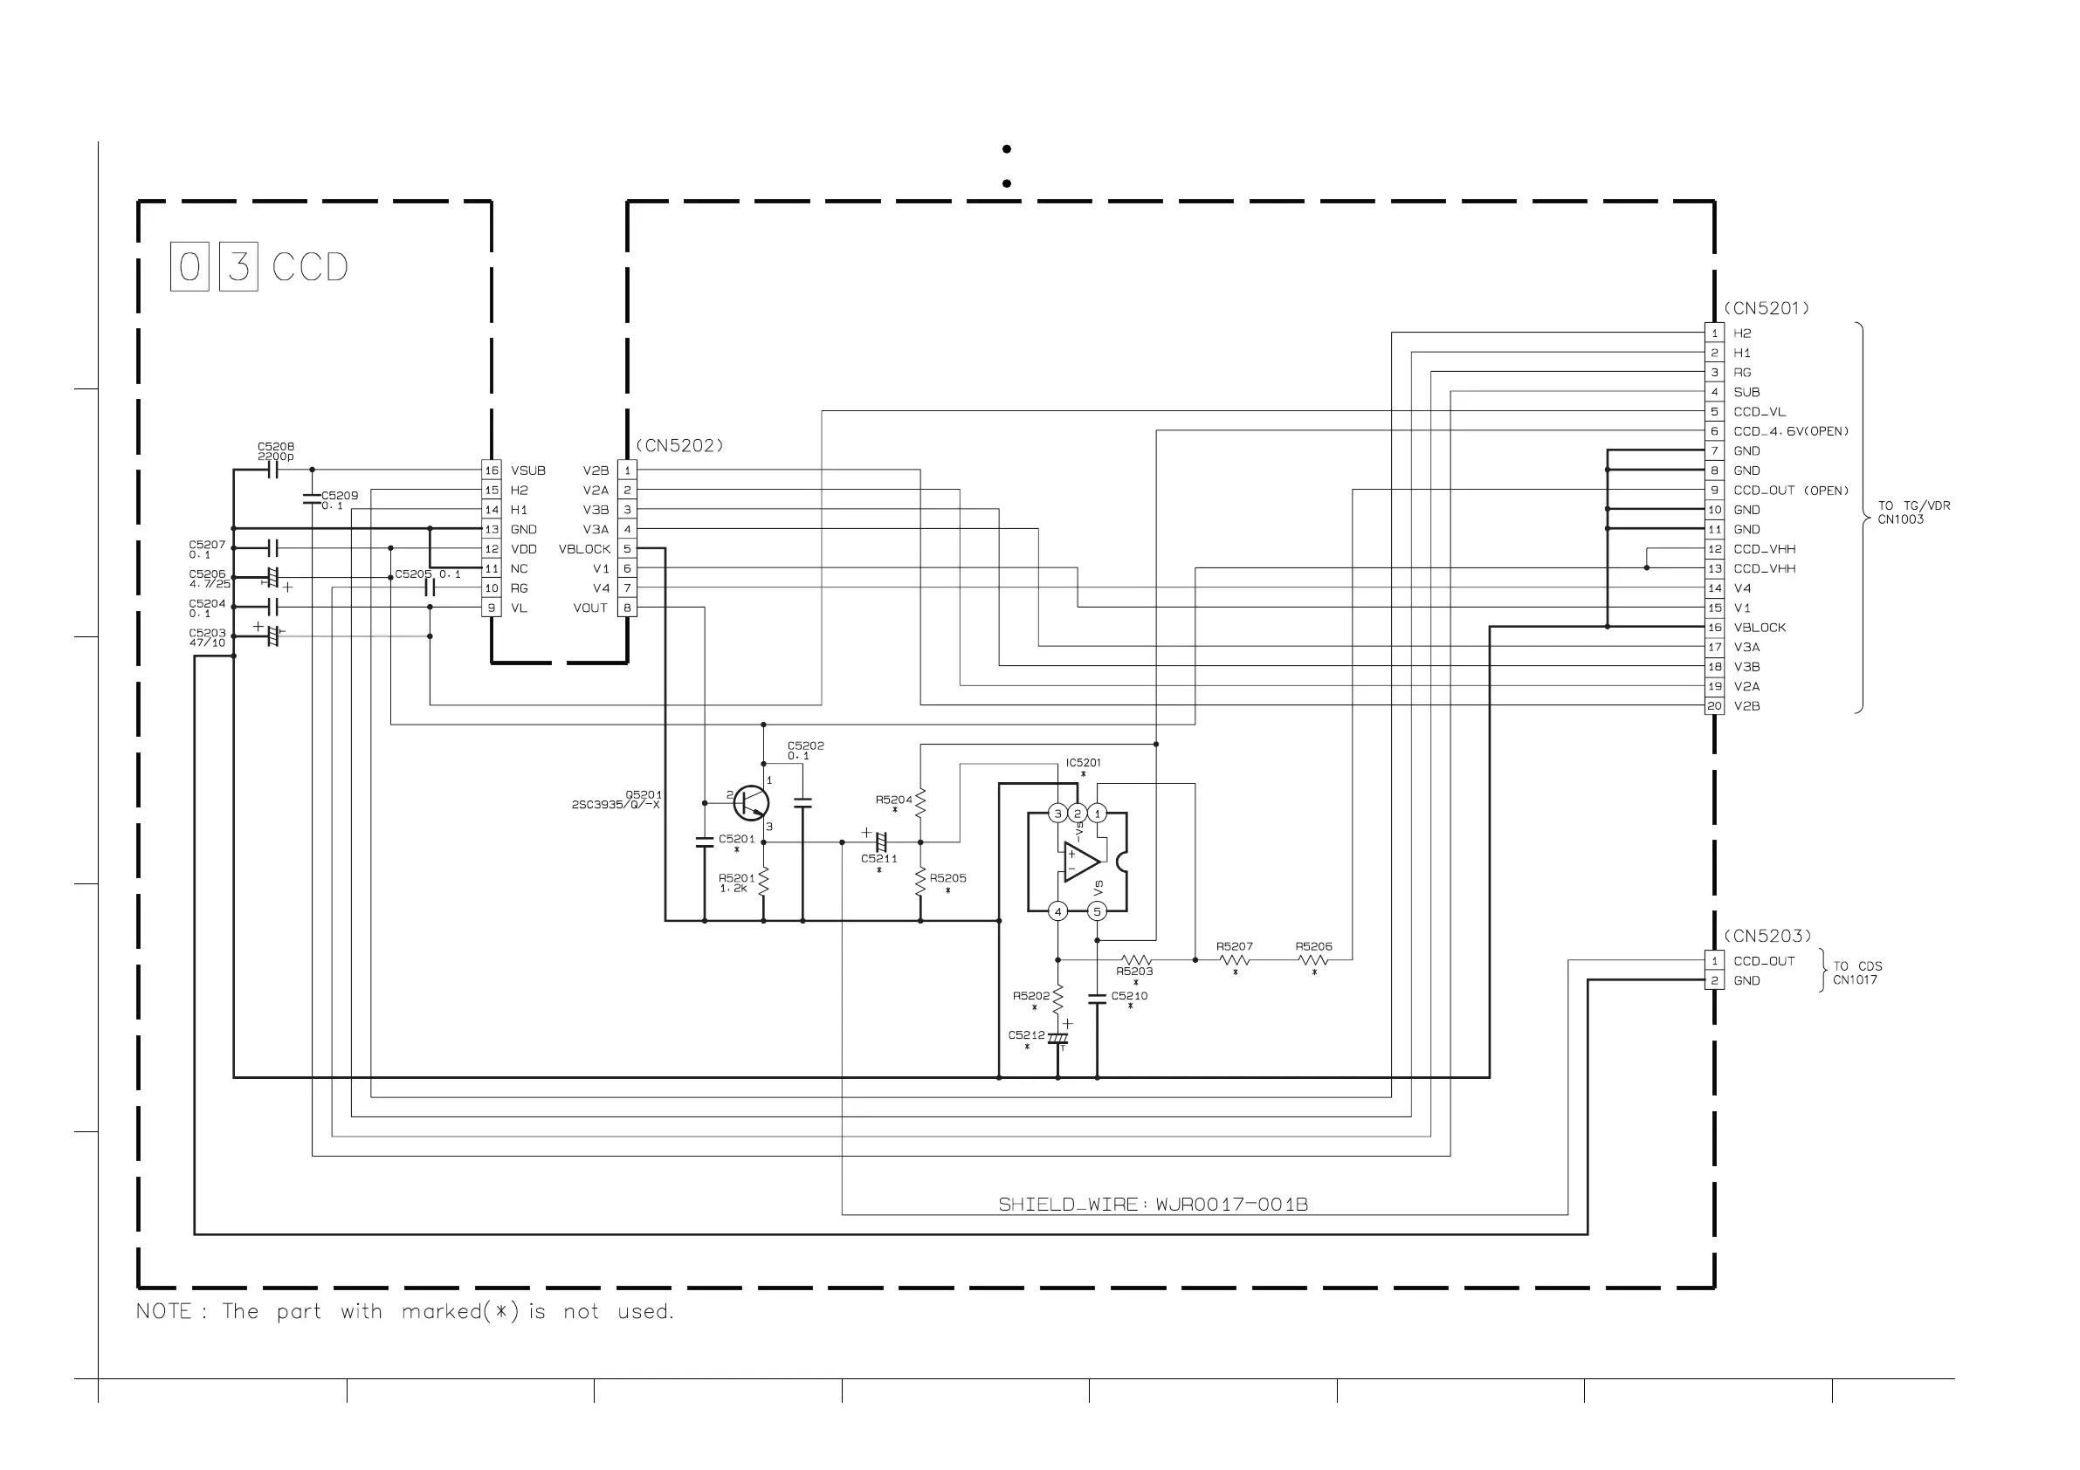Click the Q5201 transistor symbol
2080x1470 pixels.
coord(751,802)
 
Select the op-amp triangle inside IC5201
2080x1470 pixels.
coord(1081,862)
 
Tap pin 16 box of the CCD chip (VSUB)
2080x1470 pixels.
coord(491,471)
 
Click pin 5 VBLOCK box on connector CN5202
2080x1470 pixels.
coord(627,549)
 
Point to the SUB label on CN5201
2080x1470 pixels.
coord(1746,392)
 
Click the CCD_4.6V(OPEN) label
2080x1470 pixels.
coord(1790,431)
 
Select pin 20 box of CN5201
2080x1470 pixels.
coord(1714,705)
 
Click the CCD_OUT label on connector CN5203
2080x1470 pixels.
coord(1763,961)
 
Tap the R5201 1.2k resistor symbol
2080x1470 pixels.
coord(764,883)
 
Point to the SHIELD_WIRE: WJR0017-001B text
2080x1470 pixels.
coord(1153,1205)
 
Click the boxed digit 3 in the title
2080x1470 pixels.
coord(238,267)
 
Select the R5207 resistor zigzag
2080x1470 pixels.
coord(1235,960)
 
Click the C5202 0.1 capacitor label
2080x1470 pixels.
coord(804,750)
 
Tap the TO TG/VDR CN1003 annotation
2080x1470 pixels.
coord(1912,512)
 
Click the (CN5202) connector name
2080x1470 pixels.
coord(678,445)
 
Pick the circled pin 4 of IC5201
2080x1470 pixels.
coord(1057,911)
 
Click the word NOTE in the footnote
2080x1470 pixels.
coord(164,1311)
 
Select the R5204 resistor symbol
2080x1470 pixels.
coord(920,800)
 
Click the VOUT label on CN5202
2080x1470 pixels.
coord(589,608)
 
